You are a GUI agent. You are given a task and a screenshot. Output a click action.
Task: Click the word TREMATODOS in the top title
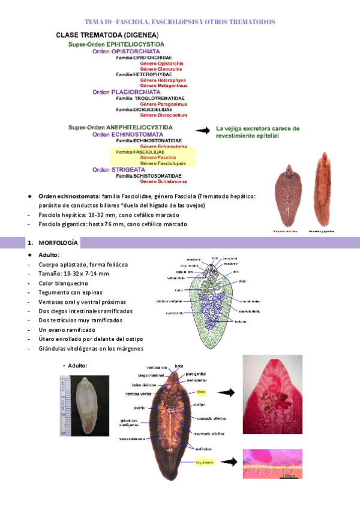pyautogui.click(x=247, y=22)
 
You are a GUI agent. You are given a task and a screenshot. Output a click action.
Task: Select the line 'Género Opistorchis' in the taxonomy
pyautogui.click(x=161, y=63)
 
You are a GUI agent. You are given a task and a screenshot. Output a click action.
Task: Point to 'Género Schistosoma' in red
pyautogui.click(x=163, y=181)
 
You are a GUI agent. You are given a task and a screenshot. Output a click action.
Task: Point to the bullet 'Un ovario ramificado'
pyautogui.click(x=68, y=330)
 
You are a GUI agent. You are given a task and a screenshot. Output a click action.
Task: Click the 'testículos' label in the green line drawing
pyautogui.click(x=241, y=321)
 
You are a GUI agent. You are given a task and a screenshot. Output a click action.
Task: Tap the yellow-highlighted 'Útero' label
pyautogui.click(x=202, y=393)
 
